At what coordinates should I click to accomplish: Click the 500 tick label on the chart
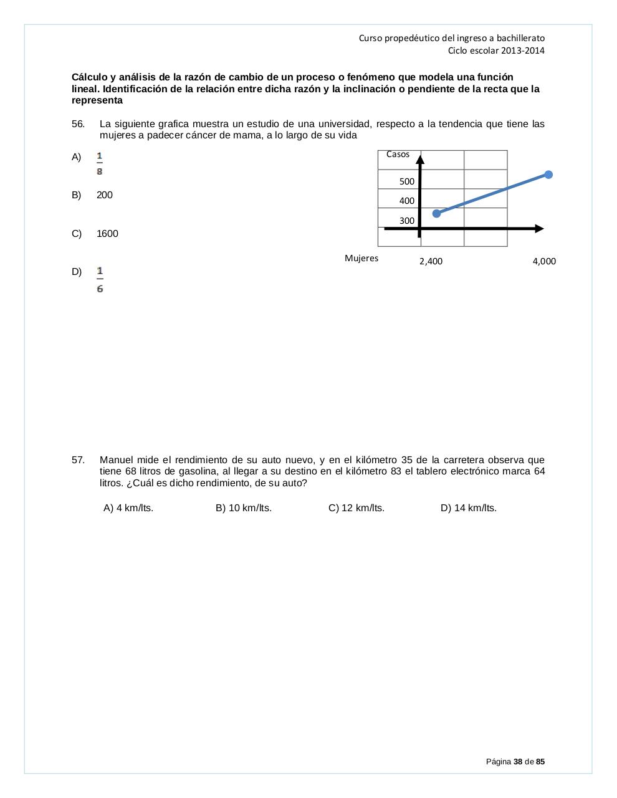click(x=406, y=181)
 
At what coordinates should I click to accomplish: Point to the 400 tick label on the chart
click(x=406, y=201)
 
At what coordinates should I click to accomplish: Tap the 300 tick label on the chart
click(x=406, y=221)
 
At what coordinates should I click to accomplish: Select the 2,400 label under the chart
click(x=431, y=261)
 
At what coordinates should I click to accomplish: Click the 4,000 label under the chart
click(x=544, y=261)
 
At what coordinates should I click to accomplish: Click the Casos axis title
click(x=398, y=154)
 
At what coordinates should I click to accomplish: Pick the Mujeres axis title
click(x=361, y=258)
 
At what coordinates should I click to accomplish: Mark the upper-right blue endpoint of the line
click(x=548, y=175)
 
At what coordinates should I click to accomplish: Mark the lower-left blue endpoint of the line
click(x=436, y=213)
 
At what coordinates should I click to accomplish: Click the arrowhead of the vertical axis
click(x=421, y=159)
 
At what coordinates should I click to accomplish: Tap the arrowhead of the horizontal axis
click(x=538, y=229)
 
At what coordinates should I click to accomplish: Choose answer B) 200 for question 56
click(x=104, y=195)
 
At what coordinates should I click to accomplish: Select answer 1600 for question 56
click(x=107, y=234)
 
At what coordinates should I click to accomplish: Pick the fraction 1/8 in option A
click(x=100, y=163)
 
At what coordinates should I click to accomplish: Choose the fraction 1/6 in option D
click(x=100, y=279)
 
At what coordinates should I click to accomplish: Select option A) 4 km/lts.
click(x=128, y=508)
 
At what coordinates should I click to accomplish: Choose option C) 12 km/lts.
click(x=356, y=508)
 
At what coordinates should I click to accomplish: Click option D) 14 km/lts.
click(x=468, y=508)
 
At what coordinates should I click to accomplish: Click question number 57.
click(x=78, y=460)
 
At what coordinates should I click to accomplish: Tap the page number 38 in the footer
click(x=517, y=761)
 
